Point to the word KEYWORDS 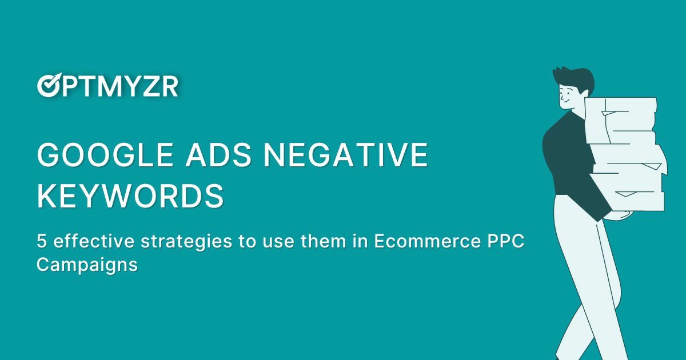pyautogui.click(x=130, y=195)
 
